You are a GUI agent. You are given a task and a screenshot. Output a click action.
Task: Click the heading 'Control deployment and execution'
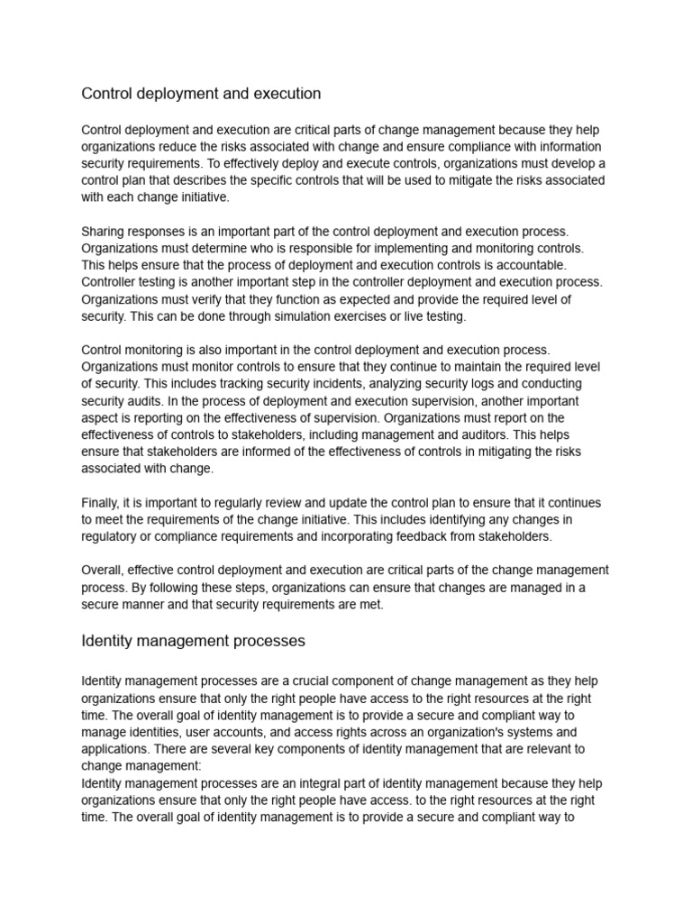[201, 94]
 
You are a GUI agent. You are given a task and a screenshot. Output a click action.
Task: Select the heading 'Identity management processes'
[193, 641]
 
